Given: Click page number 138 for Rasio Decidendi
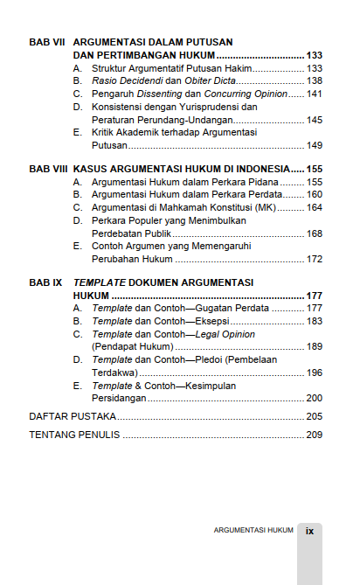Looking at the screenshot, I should pyautogui.click(x=315, y=80).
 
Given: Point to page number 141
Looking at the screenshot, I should pyautogui.click(x=315, y=94).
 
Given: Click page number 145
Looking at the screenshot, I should pyautogui.click(x=315, y=119).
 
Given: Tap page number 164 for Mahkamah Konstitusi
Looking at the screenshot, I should pyautogui.click(x=315, y=207).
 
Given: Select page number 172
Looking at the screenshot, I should pyautogui.click(x=315, y=259).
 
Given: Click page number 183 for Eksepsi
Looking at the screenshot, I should pyautogui.click(x=315, y=321).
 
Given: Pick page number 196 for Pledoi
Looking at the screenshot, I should pyautogui.click(x=315, y=373).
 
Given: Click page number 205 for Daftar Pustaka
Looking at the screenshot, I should pyautogui.click(x=315, y=416).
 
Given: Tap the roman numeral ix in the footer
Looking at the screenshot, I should pyautogui.click(x=310, y=530).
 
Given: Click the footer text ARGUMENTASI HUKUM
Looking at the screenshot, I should pyautogui.click(x=253, y=530).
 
